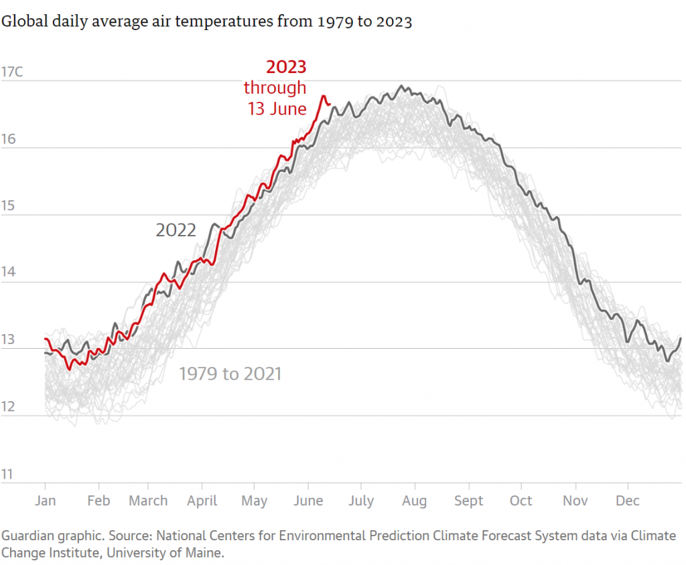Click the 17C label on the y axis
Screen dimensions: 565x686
(12, 72)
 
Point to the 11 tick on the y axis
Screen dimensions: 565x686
(7, 475)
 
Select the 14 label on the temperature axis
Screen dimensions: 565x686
(8, 273)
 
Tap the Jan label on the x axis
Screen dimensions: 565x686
(45, 501)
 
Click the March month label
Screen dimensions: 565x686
(148, 501)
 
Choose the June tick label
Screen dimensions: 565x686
(308, 501)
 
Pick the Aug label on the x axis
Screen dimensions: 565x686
(414, 501)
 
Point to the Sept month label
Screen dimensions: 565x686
(468, 501)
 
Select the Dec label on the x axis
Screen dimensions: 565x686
(628, 501)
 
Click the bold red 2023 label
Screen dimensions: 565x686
(286, 67)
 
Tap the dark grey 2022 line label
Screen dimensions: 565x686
(176, 231)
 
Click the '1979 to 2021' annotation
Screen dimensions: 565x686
(230, 374)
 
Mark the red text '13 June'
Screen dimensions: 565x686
(277, 108)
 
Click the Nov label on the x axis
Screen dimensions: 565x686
(575, 501)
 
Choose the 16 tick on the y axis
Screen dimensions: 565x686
(8, 139)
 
